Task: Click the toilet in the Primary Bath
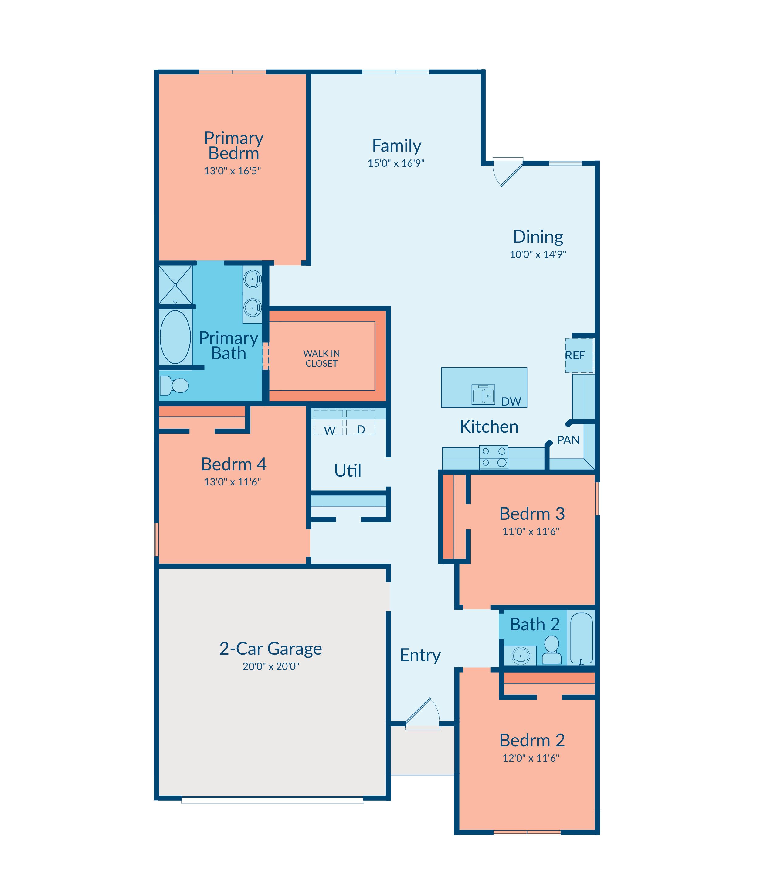point(174,385)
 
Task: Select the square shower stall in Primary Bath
point(175,284)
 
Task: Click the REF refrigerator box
point(579,355)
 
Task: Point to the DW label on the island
point(511,402)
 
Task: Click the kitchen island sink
point(483,394)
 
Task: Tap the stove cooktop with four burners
point(494,457)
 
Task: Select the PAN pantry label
point(569,440)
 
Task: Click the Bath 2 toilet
point(552,650)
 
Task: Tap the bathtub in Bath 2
point(581,638)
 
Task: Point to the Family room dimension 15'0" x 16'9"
point(396,163)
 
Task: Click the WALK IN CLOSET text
point(321,359)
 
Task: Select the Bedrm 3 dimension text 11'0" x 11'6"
point(531,532)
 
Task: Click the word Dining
point(538,237)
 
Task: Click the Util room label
point(348,470)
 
